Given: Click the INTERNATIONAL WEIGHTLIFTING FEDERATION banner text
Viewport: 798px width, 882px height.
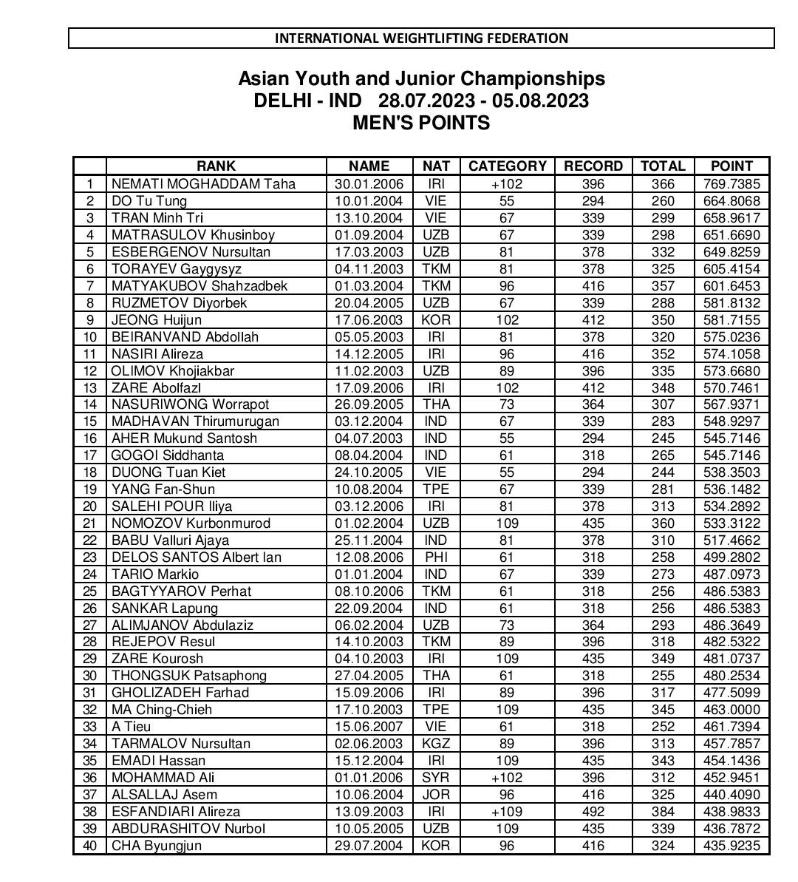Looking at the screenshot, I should tap(421, 38).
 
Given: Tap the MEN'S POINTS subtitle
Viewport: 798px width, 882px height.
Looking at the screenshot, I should tap(421, 123).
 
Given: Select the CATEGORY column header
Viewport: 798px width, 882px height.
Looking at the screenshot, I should tap(507, 166).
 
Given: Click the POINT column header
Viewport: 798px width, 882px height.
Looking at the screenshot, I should tap(731, 166).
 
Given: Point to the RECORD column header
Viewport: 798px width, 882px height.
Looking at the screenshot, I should tap(593, 166).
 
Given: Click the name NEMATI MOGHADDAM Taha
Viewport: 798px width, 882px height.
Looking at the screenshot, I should tap(203, 184).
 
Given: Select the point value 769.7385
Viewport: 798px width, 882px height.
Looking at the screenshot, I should tap(731, 184).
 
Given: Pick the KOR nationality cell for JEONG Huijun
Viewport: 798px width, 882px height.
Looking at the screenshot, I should tap(436, 320).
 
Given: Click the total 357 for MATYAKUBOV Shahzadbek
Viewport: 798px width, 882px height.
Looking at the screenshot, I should tap(663, 286).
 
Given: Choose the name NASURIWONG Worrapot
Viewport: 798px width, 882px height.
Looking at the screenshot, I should tap(190, 404).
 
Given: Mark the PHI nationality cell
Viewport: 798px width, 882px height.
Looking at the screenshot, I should tap(436, 557).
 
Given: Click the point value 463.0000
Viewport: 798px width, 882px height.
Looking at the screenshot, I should tap(731, 710).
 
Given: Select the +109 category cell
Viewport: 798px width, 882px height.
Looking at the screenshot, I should tap(507, 812).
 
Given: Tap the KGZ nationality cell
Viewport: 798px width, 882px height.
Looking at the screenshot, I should tap(436, 744).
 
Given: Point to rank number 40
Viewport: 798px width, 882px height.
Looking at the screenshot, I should tap(90, 846).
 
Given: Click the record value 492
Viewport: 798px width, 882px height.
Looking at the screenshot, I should tap(593, 812).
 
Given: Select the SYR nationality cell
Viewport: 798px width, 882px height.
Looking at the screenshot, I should tap(436, 778).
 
